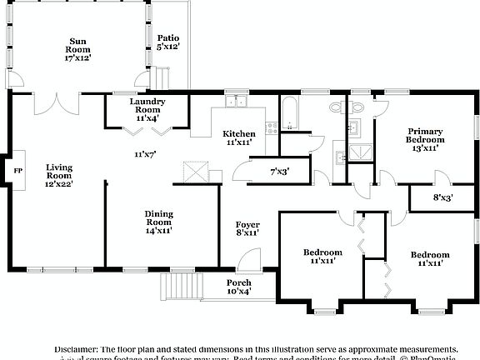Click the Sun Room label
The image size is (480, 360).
[79, 49]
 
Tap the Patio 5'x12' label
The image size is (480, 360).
[168, 42]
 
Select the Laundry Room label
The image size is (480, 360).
[147, 110]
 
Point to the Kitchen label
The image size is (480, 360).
[238, 137]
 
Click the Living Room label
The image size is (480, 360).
[59, 175]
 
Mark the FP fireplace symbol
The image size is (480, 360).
[17, 171]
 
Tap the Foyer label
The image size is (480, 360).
[247, 228]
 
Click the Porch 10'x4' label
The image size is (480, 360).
[239, 287]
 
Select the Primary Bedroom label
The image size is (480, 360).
[425, 139]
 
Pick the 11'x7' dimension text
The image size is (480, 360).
[146, 154]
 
